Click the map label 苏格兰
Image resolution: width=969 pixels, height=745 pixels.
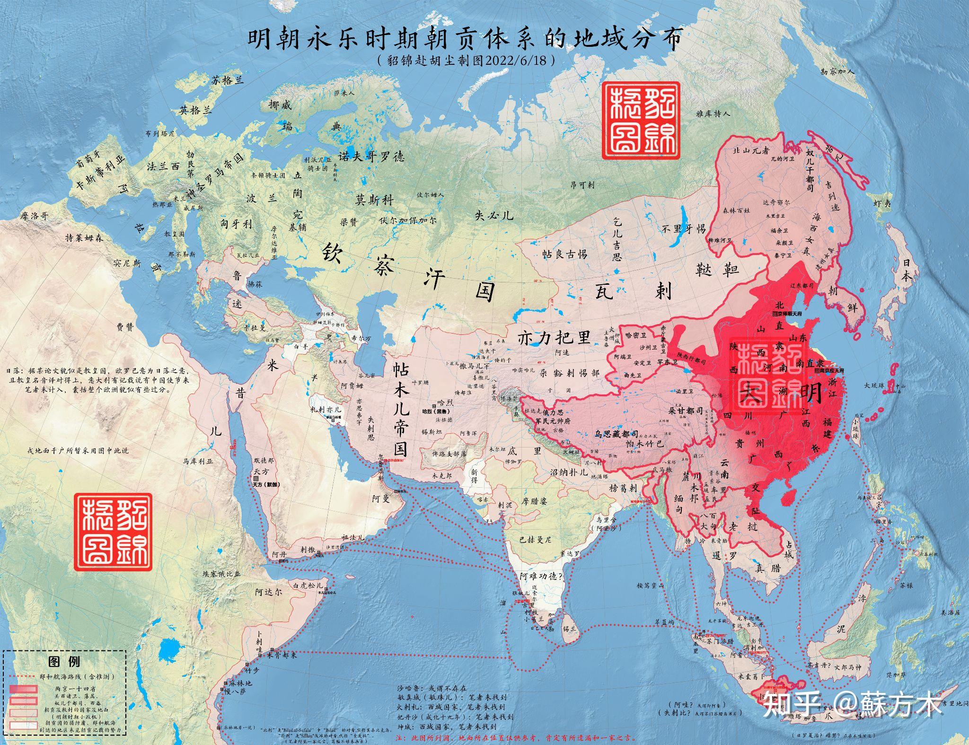[228, 80]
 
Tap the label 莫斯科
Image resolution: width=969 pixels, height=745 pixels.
[374, 200]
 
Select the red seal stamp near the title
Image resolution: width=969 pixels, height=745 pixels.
[640, 120]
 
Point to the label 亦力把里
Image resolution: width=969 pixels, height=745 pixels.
[555, 337]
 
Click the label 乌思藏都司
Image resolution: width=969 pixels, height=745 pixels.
[620, 433]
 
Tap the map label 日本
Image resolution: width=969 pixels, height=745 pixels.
[907, 270]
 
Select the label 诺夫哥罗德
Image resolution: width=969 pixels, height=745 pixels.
[371, 157]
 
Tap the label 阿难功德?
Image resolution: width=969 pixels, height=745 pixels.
[541, 576]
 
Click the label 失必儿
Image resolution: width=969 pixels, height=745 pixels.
[494, 215]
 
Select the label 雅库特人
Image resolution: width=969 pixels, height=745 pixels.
[713, 114]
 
